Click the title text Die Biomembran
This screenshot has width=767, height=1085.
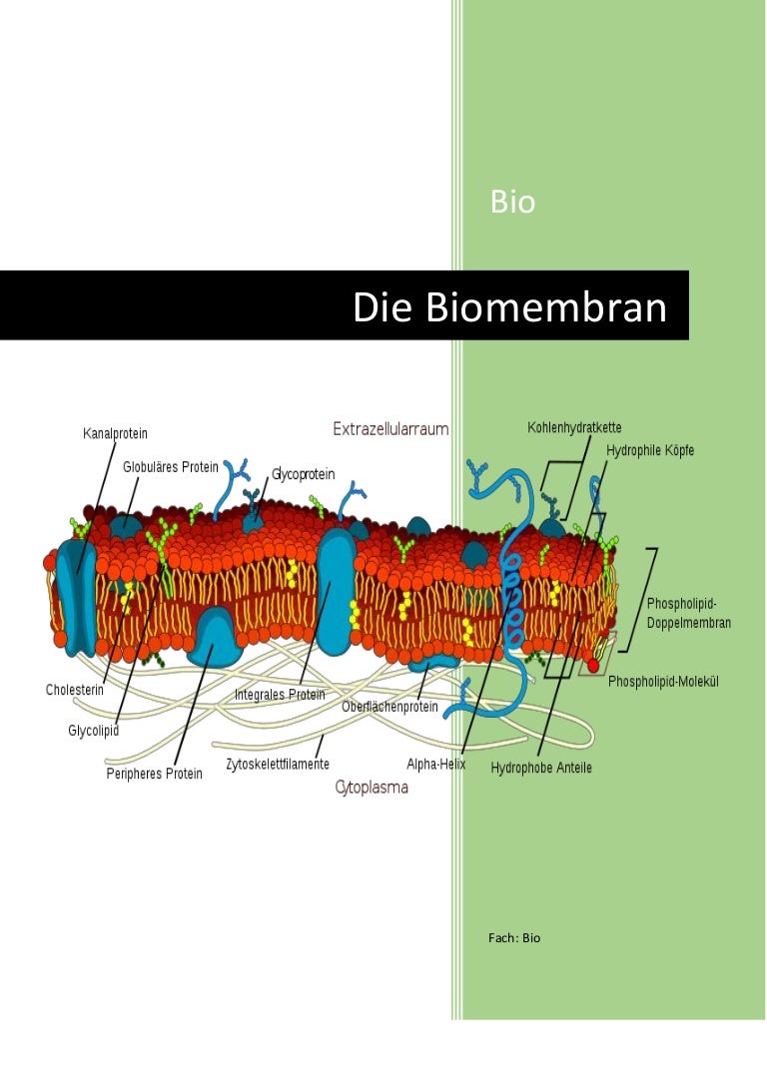pyautogui.click(x=509, y=308)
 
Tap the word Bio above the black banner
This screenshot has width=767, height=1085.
pyautogui.click(x=512, y=203)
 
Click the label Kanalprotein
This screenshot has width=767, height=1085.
pyautogui.click(x=115, y=434)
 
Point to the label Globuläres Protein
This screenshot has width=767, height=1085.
pyautogui.click(x=169, y=466)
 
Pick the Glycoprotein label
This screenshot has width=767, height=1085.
pyautogui.click(x=304, y=474)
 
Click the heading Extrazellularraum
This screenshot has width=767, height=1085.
pyautogui.click(x=390, y=428)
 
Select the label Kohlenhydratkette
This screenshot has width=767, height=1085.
pyautogui.click(x=574, y=428)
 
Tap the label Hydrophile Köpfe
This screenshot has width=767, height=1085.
pyautogui.click(x=650, y=451)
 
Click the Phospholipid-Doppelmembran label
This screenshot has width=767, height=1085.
pyautogui.click(x=689, y=613)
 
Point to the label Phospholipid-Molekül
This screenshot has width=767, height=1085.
pyautogui.click(x=664, y=682)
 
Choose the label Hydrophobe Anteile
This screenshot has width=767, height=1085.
pyautogui.click(x=541, y=768)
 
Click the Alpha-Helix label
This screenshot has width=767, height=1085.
pyautogui.click(x=436, y=765)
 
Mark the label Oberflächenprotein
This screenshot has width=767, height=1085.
pyautogui.click(x=389, y=707)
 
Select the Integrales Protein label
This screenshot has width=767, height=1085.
pyautogui.click(x=280, y=694)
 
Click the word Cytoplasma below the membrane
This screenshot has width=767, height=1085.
pyautogui.click(x=372, y=788)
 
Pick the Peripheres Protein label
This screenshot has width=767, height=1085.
pyautogui.click(x=154, y=774)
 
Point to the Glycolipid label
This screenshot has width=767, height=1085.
pyautogui.click(x=93, y=731)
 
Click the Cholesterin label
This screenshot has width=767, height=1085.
pyautogui.click(x=75, y=690)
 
